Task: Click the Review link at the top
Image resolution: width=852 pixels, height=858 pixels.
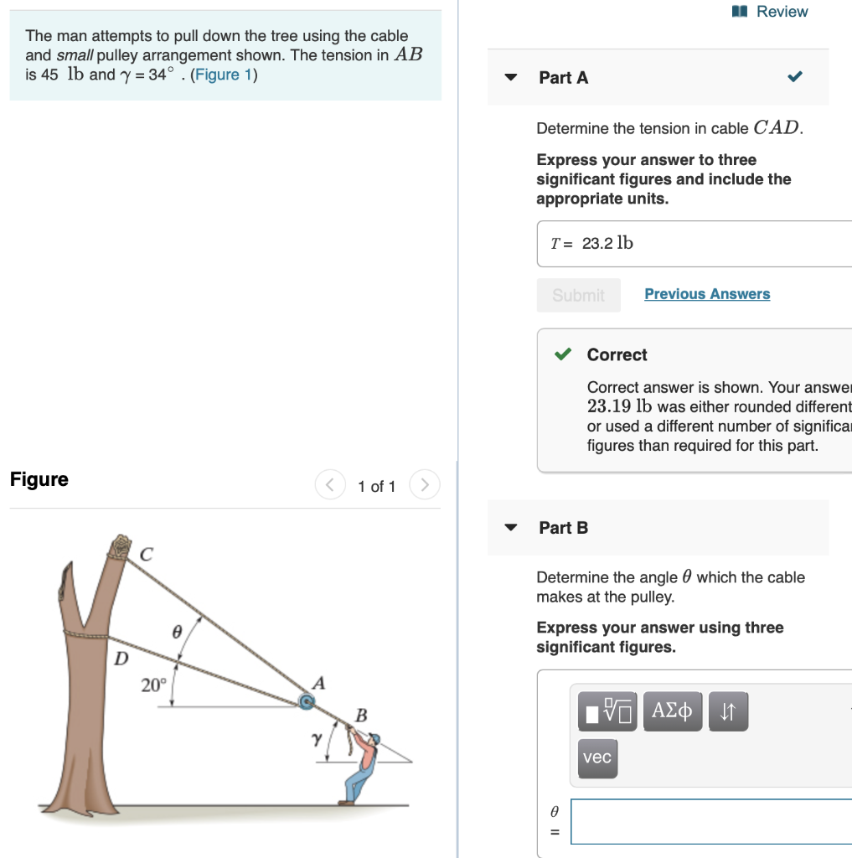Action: [772, 12]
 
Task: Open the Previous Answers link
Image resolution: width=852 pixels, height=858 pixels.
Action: [707, 294]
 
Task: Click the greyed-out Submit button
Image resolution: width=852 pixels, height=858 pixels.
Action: [578, 295]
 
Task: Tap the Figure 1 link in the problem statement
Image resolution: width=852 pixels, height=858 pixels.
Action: [224, 75]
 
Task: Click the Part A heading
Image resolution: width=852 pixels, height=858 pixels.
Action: [563, 78]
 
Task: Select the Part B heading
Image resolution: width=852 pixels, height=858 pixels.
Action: [563, 528]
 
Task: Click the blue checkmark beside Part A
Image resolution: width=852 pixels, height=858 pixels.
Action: [795, 78]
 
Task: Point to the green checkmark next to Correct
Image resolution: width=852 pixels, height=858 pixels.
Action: [564, 354]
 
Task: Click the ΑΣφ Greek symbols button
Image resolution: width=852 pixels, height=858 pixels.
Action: [672, 711]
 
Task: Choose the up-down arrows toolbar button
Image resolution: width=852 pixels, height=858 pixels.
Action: [727, 711]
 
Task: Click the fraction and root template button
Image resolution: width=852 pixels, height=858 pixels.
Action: [607, 711]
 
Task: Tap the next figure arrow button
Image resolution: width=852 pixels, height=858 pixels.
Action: [425, 485]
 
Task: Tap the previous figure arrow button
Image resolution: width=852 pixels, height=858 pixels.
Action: [330, 485]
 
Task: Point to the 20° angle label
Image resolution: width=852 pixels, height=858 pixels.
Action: [152, 685]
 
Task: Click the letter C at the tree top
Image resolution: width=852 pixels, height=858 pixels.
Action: [147, 555]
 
